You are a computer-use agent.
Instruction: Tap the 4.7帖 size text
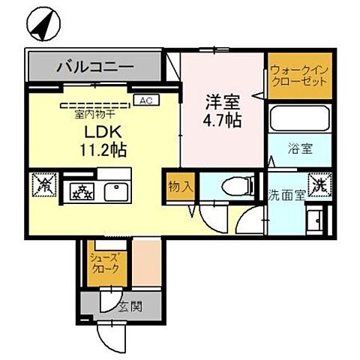pyautogui.click(x=223, y=119)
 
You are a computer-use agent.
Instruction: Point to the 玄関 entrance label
pyautogui.click(x=128, y=306)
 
